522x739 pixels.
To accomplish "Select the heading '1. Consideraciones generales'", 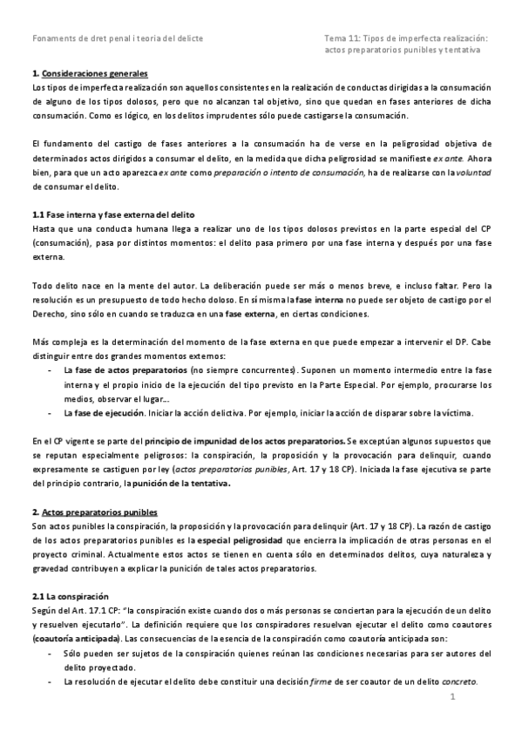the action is pyautogui.click(x=89, y=74).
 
